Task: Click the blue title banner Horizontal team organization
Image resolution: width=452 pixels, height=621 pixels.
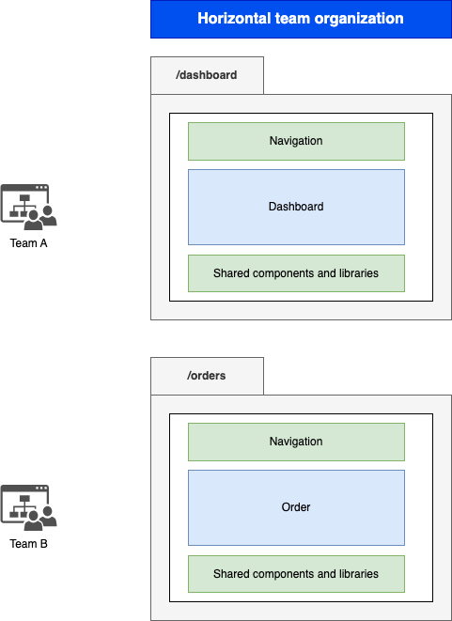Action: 301,19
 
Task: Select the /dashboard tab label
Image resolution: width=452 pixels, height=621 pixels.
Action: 207,75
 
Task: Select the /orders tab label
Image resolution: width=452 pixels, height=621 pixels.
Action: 207,376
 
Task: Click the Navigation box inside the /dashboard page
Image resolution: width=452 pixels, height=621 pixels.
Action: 296,141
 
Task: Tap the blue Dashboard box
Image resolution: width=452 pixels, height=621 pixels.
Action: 296,207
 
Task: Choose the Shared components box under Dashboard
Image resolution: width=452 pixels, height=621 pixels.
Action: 296,273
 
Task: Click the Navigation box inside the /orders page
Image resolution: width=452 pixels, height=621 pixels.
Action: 296,442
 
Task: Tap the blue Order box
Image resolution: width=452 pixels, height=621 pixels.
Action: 296,507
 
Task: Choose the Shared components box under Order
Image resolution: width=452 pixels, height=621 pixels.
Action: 296,574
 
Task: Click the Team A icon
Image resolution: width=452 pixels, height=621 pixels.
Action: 28,207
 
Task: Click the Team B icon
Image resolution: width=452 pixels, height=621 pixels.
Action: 28,507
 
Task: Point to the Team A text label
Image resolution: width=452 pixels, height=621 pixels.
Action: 28,243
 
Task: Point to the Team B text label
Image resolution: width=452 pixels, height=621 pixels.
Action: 28,544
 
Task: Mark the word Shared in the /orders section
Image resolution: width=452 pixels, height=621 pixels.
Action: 230,574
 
